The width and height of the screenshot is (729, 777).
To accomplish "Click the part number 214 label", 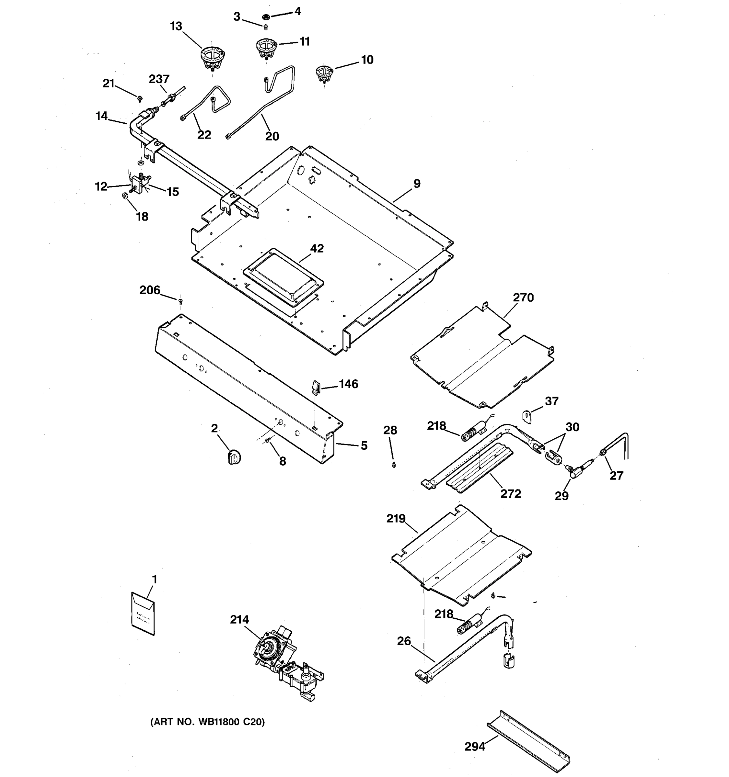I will pyautogui.click(x=239, y=619).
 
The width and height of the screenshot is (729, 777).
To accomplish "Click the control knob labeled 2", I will pyautogui.click(x=234, y=456).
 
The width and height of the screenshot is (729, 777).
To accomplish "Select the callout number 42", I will pyautogui.click(x=317, y=248).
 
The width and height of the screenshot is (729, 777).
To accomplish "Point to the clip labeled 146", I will pyautogui.click(x=316, y=387).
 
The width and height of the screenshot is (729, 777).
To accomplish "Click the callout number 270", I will pyautogui.click(x=523, y=298).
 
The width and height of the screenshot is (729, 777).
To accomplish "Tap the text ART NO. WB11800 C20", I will pyautogui.click(x=207, y=722).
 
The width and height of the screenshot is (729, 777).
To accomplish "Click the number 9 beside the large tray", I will pyautogui.click(x=417, y=183).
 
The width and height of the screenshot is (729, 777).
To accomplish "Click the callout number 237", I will pyautogui.click(x=159, y=79).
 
